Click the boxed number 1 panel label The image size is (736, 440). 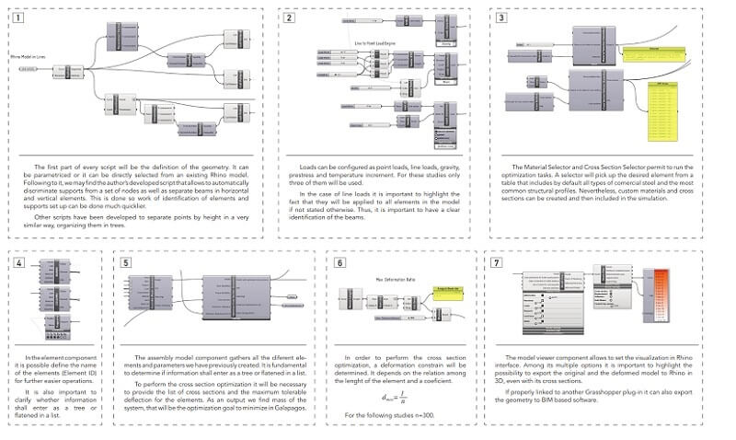(19, 17)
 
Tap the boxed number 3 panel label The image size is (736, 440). (500, 17)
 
